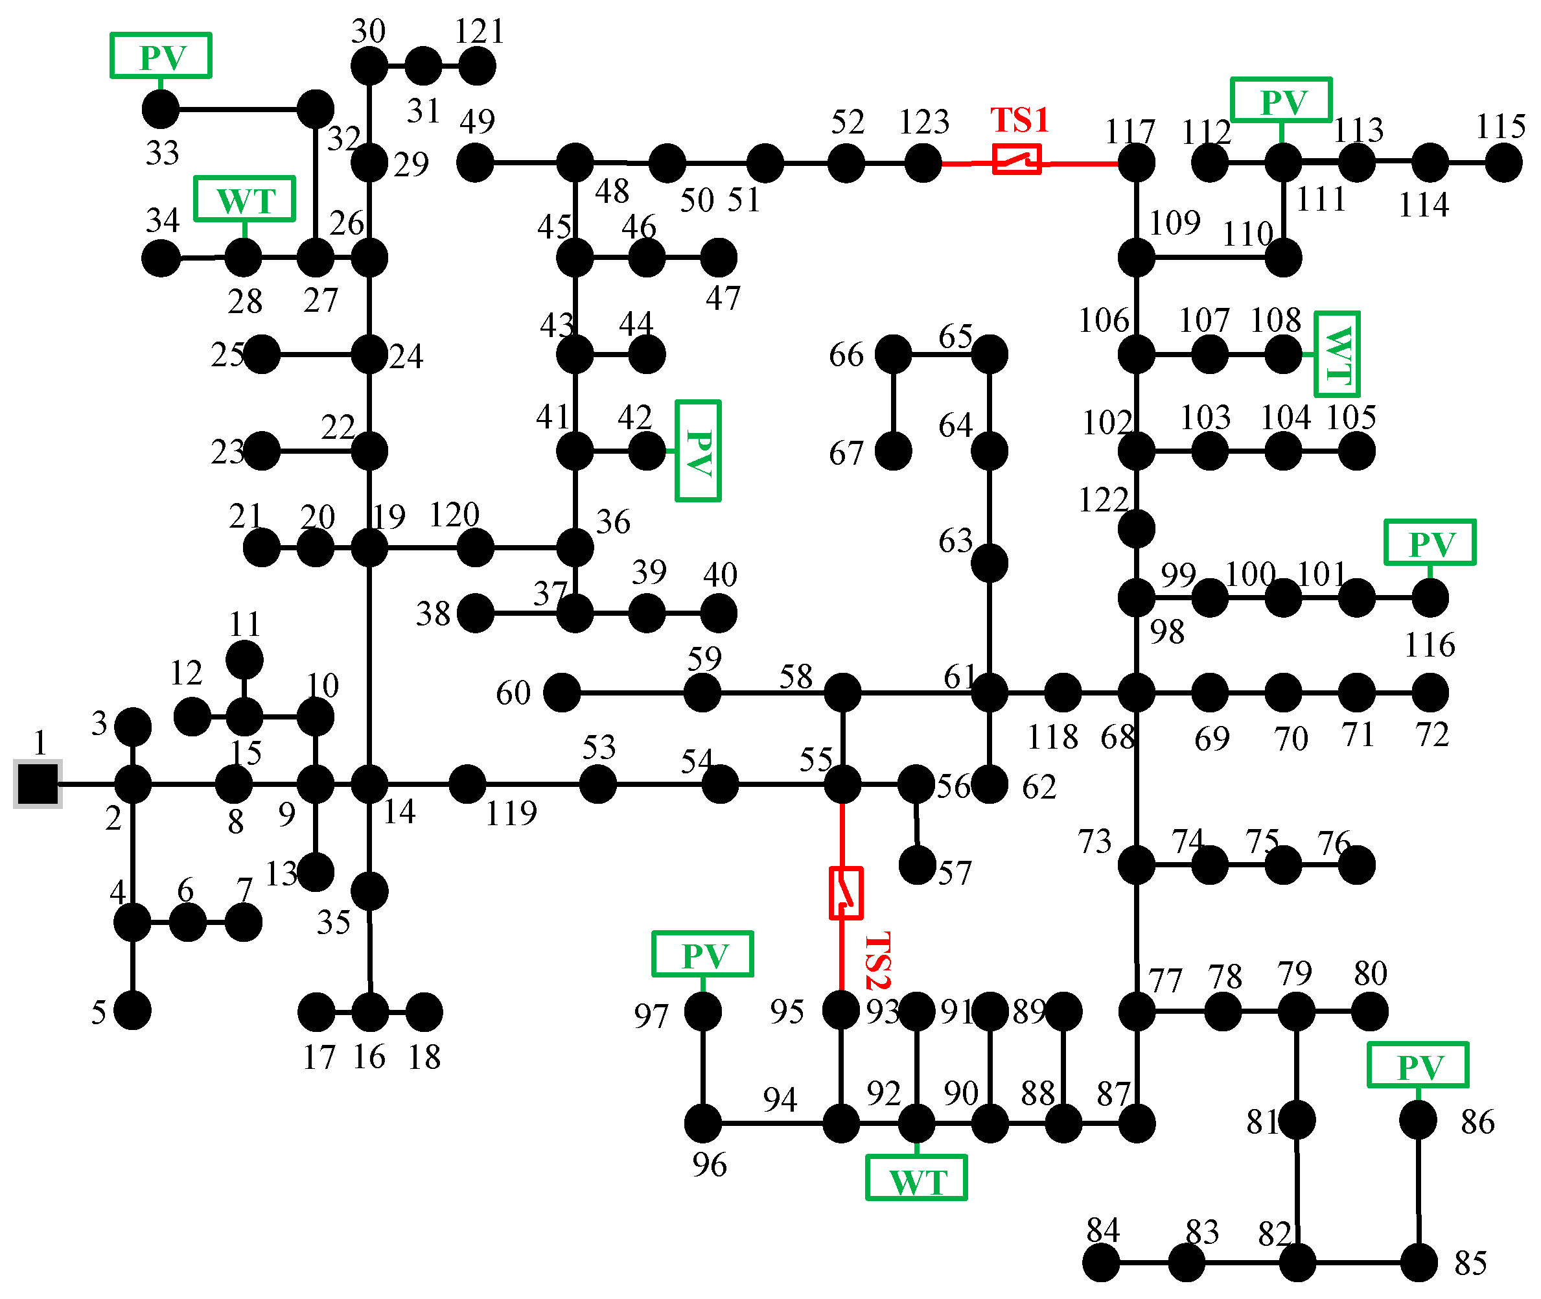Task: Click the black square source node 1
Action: [38, 784]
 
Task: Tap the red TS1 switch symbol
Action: [1016, 159]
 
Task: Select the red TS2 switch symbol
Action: [845, 893]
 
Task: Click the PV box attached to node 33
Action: [161, 55]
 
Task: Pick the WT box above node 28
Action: [244, 199]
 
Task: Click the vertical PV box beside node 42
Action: [697, 451]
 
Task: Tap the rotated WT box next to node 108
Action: [1336, 354]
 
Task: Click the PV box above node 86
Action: [1417, 1065]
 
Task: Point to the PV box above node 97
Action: [702, 954]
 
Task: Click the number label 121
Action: [480, 32]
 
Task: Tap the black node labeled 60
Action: [562, 693]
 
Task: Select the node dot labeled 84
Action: [1101, 1263]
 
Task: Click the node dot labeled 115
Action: [1503, 163]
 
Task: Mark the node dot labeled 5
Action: [133, 1011]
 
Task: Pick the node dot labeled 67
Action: [893, 451]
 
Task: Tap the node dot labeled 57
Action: [918, 865]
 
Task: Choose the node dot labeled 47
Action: [719, 258]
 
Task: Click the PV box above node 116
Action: [1430, 543]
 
